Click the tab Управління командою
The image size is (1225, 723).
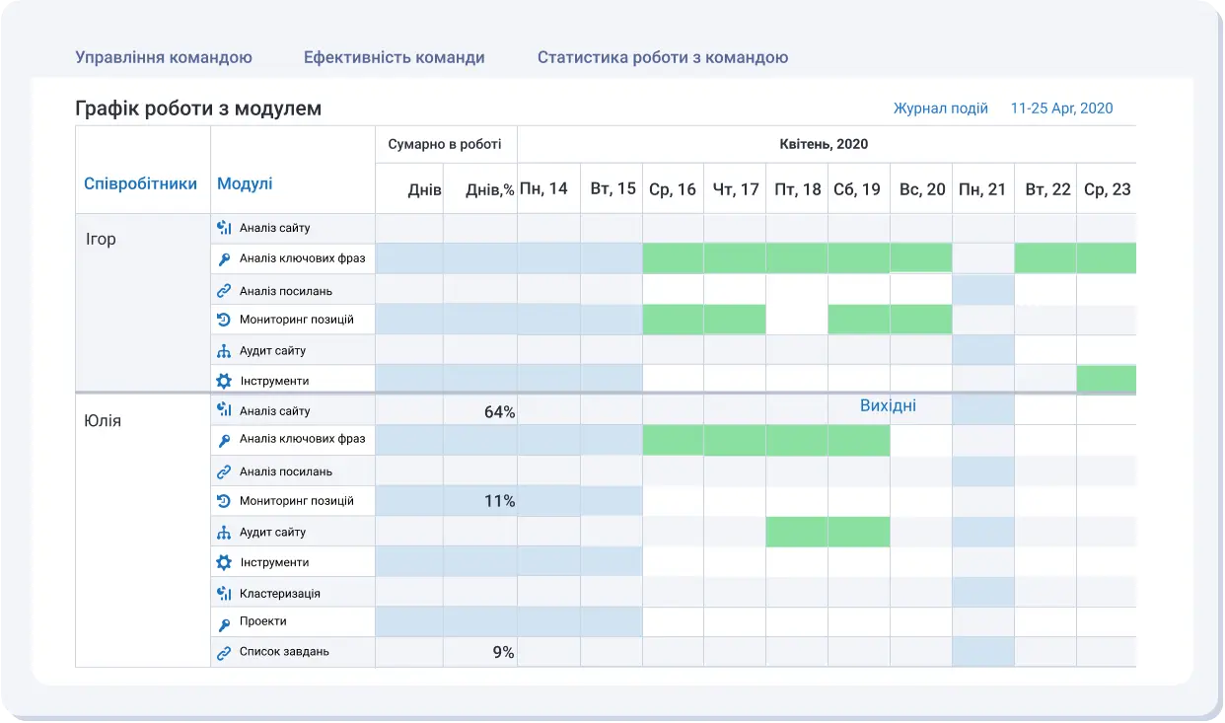[164, 57]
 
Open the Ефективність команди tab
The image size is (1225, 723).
[394, 57]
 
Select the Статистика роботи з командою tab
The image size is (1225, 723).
[662, 57]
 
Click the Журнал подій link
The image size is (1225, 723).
[940, 108]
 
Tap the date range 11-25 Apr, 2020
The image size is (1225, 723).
[1061, 108]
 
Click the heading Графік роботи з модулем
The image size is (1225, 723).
[198, 108]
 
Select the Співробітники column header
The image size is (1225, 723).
[140, 183]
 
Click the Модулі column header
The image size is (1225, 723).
[245, 183]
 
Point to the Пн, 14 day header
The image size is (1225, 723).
[543, 188]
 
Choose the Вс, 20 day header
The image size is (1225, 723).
[922, 188]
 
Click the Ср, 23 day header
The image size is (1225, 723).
[1107, 188]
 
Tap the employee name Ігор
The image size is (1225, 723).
[101, 239]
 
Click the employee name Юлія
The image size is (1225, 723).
[104, 421]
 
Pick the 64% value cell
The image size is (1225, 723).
[499, 412]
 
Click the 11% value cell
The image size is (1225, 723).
[499, 501]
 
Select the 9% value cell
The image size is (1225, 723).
[503, 652]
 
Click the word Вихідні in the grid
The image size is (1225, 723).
[888, 405]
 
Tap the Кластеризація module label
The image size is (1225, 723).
[279, 594]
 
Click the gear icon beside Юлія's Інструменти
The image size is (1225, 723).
[224, 562]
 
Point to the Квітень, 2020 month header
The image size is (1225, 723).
[824, 144]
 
